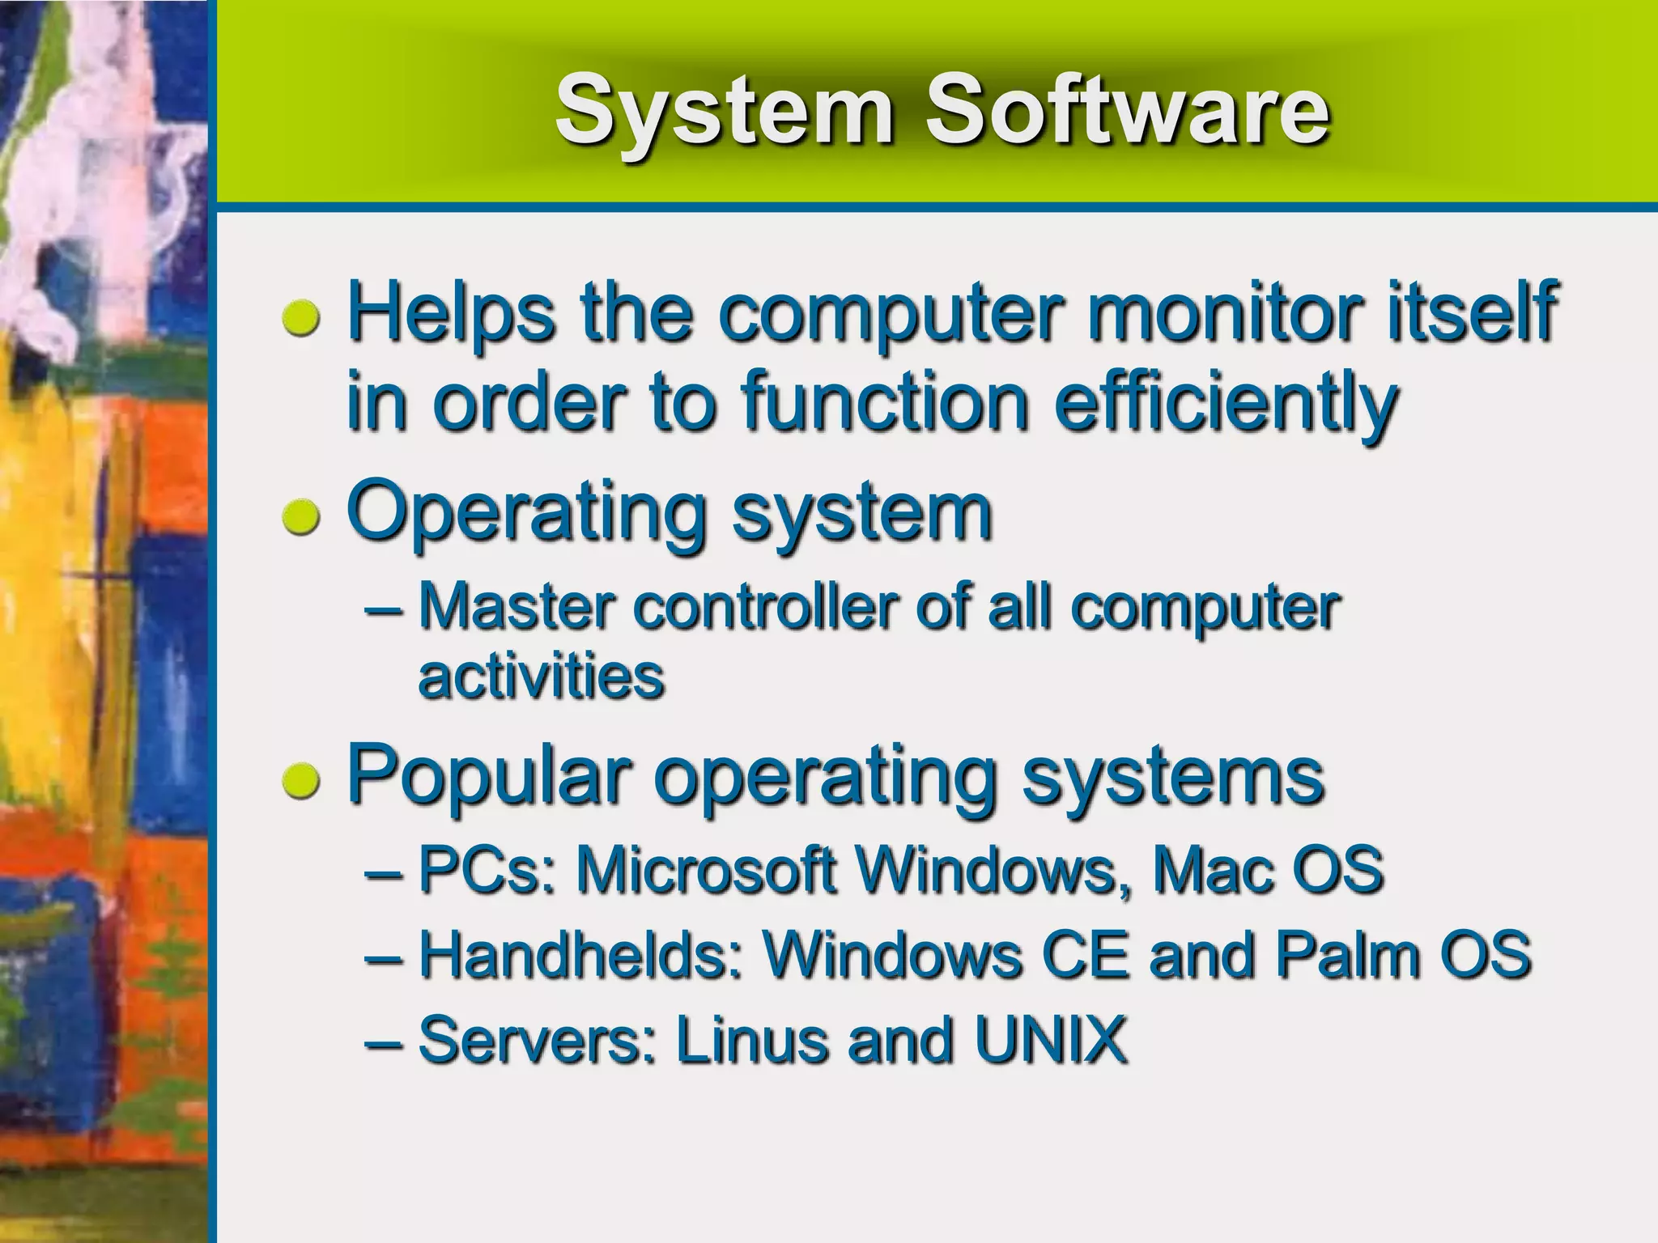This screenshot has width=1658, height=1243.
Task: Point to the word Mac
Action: pyautogui.click(x=1209, y=870)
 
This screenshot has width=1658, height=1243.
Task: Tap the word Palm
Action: pyautogui.click(x=1347, y=955)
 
